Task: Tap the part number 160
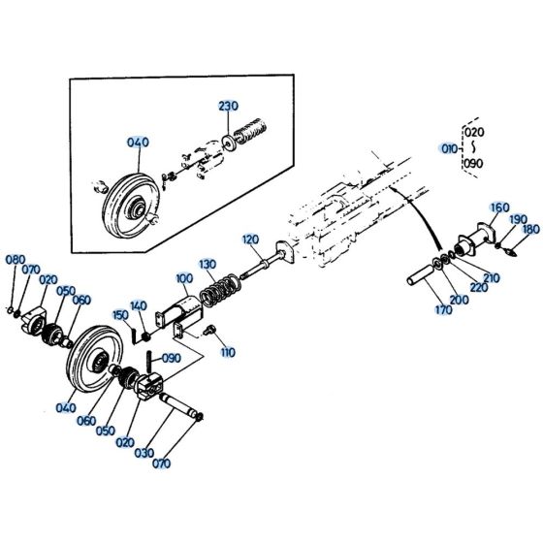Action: [x=499, y=208]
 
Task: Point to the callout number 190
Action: [x=518, y=219]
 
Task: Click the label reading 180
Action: [x=531, y=230]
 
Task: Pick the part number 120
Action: [x=251, y=239]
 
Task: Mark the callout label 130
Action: [x=208, y=264]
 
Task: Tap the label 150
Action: [x=119, y=314]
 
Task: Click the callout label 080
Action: [x=15, y=260]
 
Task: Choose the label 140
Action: [x=138, y=304]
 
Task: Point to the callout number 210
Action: [x=493, y=278]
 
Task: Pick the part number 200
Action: [x=457, y=301]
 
